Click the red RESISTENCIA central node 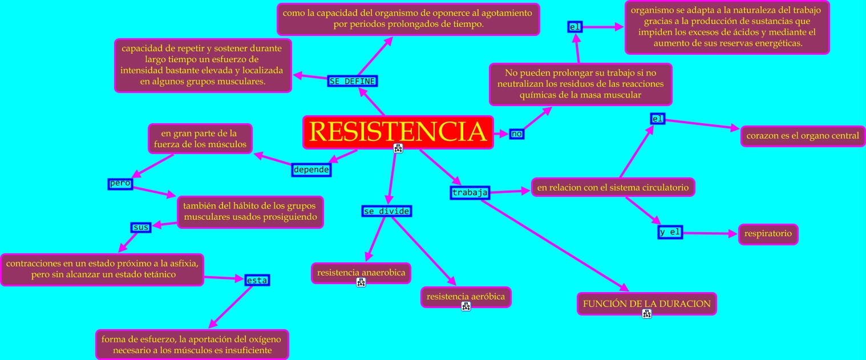[398, 132]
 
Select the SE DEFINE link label [353, 81]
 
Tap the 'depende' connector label [311, 169]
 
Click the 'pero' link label [120, 184]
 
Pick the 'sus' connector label [141, 227]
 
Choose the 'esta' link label [257, 280]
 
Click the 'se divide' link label [387, 211]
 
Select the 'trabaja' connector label [470, 192]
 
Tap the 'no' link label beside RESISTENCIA [517, 134]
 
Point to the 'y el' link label [670, 233]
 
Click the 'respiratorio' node [768, 234]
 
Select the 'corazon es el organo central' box [803, 136]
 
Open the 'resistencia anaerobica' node [361, 272]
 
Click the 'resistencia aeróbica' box [466, 297]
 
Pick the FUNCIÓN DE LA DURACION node [646, 304]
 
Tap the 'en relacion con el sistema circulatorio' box [613, 187]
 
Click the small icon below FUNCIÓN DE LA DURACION [646, 314]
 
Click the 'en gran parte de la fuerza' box [200, 139]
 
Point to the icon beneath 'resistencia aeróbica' [466, 306]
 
